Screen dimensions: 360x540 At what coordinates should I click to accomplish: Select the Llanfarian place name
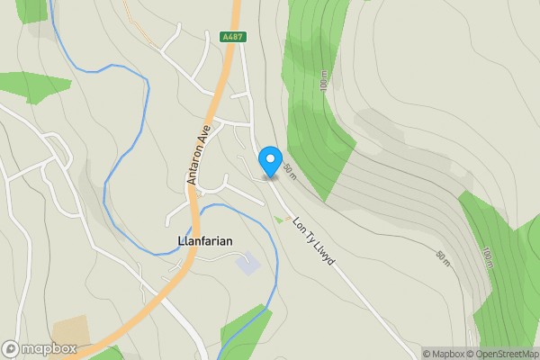tap(199, 241)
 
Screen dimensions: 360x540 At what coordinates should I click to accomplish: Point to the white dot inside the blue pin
tap(270, 158)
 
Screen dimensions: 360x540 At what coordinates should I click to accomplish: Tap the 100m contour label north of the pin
tap(323, 82)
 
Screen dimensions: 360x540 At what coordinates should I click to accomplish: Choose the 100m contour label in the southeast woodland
tap(487, 257)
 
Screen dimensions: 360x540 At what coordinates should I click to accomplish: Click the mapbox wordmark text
tap(49, 349)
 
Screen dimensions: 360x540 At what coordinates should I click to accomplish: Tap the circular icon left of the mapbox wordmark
tap(11, 349)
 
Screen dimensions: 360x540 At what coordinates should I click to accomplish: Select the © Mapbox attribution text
tap(443, 354)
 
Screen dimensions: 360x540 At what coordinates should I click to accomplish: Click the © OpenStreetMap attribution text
tap(501, 354)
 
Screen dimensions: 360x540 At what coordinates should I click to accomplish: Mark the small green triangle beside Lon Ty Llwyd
tap(277, 220)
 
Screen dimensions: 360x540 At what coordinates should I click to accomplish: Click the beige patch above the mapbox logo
tap(70, 330)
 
